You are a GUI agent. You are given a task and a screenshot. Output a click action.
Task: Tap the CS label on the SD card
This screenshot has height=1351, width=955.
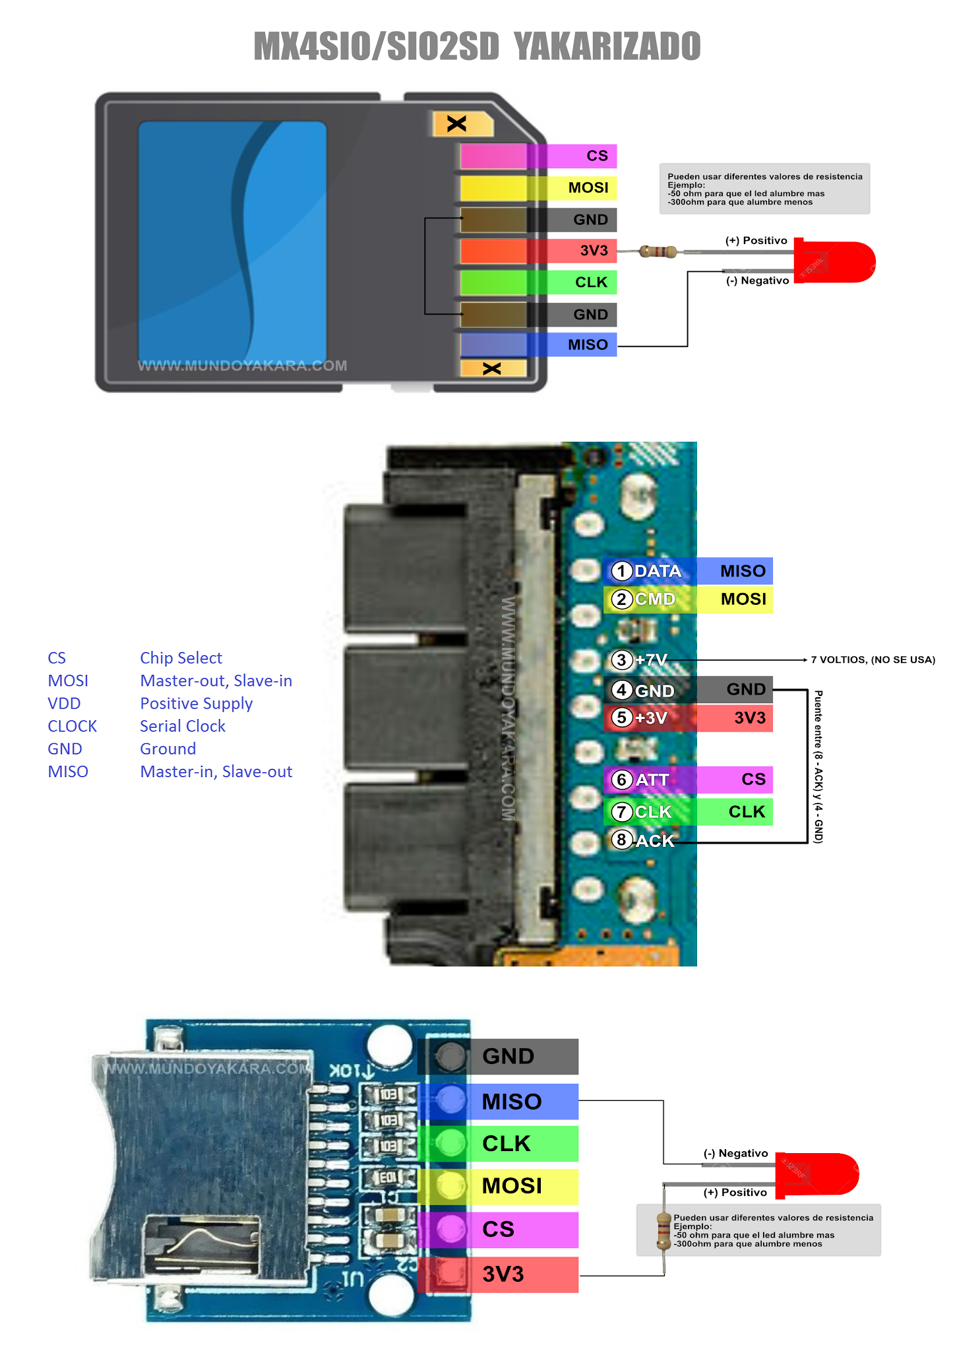[x=597, y=156]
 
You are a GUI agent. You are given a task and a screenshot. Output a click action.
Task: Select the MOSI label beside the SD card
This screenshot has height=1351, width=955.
[x=588, y=188]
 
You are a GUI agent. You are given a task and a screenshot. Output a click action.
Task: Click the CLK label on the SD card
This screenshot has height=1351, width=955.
[x=590, y=282]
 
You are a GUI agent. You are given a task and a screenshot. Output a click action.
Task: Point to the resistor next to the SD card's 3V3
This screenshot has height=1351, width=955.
[x=658, y=251]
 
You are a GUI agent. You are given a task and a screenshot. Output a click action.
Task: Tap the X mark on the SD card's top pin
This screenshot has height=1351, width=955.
[x=456, y=123]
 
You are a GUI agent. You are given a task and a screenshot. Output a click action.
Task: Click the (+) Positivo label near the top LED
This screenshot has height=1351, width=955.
[x=756, y=241]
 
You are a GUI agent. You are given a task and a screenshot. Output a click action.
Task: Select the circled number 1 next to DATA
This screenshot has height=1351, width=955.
[x=621, y=571]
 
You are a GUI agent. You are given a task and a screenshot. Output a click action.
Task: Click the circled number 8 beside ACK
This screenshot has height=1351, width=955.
[x=621, y=840]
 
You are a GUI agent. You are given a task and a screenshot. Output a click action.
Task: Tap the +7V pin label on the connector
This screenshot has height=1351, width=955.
[x=650, y=660]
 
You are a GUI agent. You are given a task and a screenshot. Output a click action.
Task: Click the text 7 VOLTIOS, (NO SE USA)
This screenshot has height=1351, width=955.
[x=873, y=660]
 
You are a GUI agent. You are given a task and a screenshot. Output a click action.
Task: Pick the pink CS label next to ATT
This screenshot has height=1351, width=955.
[x=753, y=779]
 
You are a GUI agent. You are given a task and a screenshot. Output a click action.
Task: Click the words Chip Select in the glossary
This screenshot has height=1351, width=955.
[x=181, y=658]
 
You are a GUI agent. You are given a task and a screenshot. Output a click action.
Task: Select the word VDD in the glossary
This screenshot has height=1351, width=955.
[x=64, y=703]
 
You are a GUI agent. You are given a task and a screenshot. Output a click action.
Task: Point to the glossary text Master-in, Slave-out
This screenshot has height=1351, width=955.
[x=216, y=772]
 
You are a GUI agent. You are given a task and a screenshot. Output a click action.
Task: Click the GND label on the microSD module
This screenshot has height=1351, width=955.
[x=508, y=1056]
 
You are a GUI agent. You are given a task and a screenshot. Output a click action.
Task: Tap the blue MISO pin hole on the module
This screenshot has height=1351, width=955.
[x=450, y=1100]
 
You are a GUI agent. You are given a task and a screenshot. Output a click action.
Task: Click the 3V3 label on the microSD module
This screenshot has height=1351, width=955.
[x=503, y=1274]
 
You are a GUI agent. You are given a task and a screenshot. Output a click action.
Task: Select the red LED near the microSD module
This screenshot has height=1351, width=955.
[x=817, y=1175]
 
